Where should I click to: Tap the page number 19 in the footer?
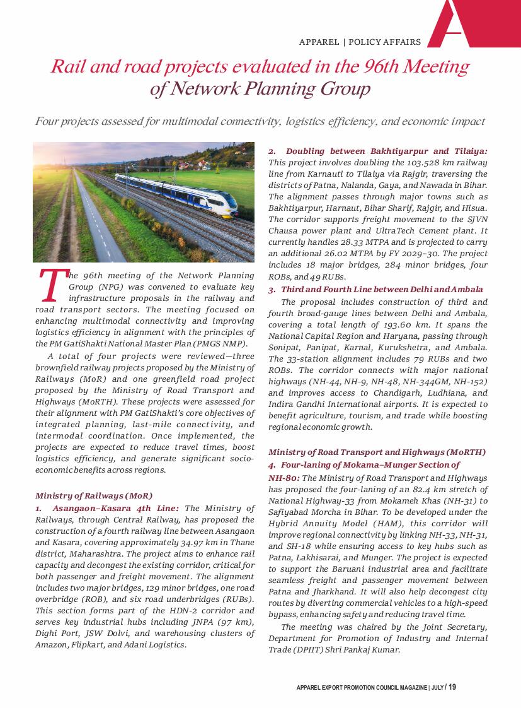(452, 687)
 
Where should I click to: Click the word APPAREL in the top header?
(319, 42)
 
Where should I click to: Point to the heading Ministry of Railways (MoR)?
(94, 495)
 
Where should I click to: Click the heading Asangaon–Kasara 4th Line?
(115, 508)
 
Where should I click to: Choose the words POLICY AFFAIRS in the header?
(384, 42)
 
